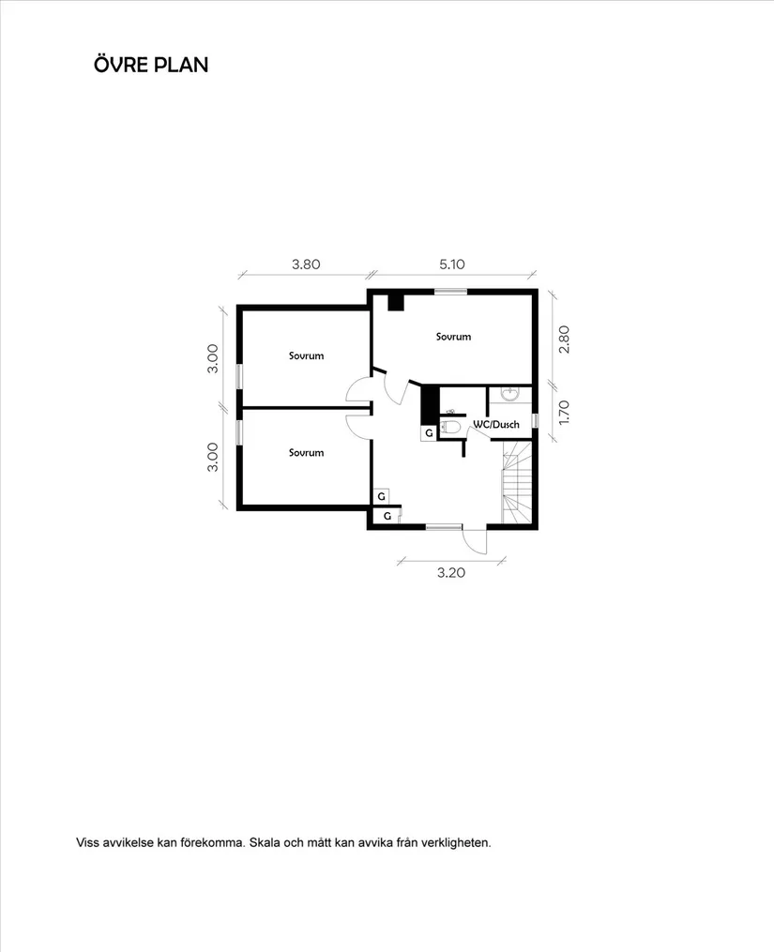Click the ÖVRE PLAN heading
click(150, 65)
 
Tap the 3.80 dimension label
click(306, 264)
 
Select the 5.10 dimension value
click(452, 264)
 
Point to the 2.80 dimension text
click(563, 339)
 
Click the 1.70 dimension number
click(563, 413)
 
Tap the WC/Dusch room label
click(495, 425)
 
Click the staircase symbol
click(517, 484)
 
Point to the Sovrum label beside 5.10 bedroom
click(453, 336)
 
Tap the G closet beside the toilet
click(429, 433)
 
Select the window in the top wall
click(450, 292)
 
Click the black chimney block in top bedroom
click(396, 302)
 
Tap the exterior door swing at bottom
click(475, 541)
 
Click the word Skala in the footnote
click(266, 842)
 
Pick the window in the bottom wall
click(444, 527)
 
